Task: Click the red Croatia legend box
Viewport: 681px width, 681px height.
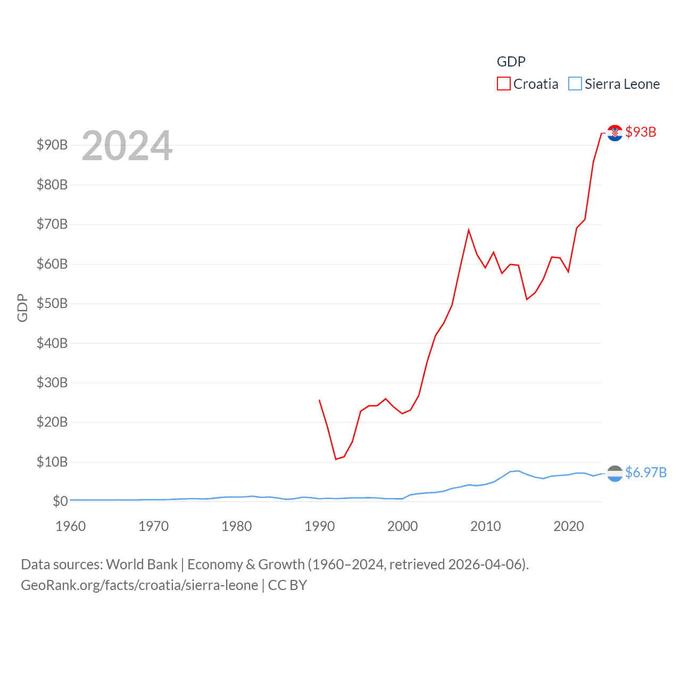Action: (503, 84)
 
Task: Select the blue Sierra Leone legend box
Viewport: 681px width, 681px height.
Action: (575, 84)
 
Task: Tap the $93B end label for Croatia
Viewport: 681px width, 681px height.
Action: (641, 132)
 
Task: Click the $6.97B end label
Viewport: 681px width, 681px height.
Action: (646, 472)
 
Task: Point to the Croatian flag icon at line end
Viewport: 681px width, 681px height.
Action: (614, 133)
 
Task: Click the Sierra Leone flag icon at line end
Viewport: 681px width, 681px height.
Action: (614, 474)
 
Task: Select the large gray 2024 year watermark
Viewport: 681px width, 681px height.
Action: (127, 146)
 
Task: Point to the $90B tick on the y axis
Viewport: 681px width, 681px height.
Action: (52, 145)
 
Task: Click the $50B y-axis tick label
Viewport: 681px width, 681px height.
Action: (52, 303)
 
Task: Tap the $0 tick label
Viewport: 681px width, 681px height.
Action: (60, 501)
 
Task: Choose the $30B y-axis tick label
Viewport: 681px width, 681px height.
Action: (52, 383)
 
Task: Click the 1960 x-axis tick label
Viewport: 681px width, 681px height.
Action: (71, 526)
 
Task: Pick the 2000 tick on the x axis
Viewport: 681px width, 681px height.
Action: (403, 526)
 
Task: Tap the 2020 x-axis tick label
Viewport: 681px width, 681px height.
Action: (569, 526)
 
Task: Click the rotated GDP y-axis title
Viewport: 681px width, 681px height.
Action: (22, 308)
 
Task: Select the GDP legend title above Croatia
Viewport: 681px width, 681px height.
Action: (511, 62)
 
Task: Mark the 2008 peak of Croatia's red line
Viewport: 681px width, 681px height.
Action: (469, 230)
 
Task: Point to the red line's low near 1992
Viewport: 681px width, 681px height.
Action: (336, 459)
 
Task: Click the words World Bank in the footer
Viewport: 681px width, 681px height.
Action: (142, 564)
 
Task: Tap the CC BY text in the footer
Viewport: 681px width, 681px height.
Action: (287, 585)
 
